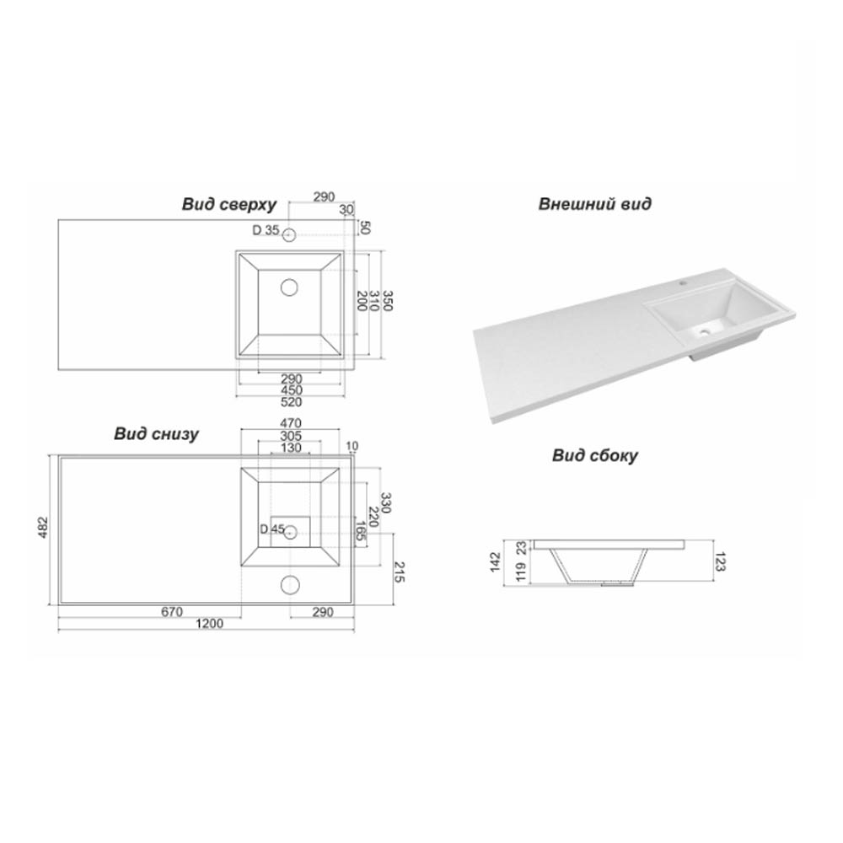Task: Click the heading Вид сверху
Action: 229,205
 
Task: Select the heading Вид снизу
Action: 156,434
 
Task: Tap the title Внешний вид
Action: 594,204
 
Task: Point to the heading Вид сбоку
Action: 595,456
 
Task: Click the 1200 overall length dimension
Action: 210,624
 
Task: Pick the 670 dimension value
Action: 172,612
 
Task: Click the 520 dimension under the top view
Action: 291,401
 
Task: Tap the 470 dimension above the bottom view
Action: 290,424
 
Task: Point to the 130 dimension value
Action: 291,448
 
